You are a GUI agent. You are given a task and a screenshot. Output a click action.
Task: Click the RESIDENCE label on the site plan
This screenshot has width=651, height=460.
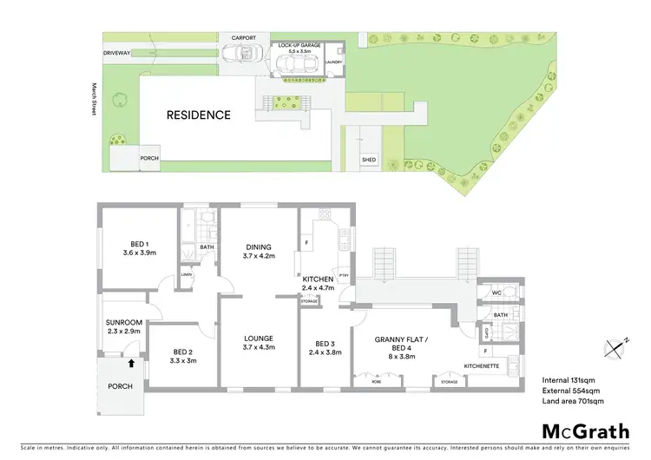[x=199, y=115]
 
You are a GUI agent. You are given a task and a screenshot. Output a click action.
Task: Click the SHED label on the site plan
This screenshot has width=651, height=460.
[x=370, y=160]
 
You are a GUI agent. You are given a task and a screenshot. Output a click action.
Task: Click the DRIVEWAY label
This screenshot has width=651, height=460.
[x=116, y=54]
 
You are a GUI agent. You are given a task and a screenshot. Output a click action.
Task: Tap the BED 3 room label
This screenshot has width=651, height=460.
[x=324, y=349]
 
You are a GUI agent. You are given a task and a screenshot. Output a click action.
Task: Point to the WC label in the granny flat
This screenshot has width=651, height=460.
[x=497, y=294]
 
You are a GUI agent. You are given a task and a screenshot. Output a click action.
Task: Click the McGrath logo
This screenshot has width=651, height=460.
[x=585, y=431]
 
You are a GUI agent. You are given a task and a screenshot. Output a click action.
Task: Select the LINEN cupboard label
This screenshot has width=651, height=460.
[x=186, y=275]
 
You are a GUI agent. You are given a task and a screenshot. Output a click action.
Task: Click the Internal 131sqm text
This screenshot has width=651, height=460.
[x=569, y=379]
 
